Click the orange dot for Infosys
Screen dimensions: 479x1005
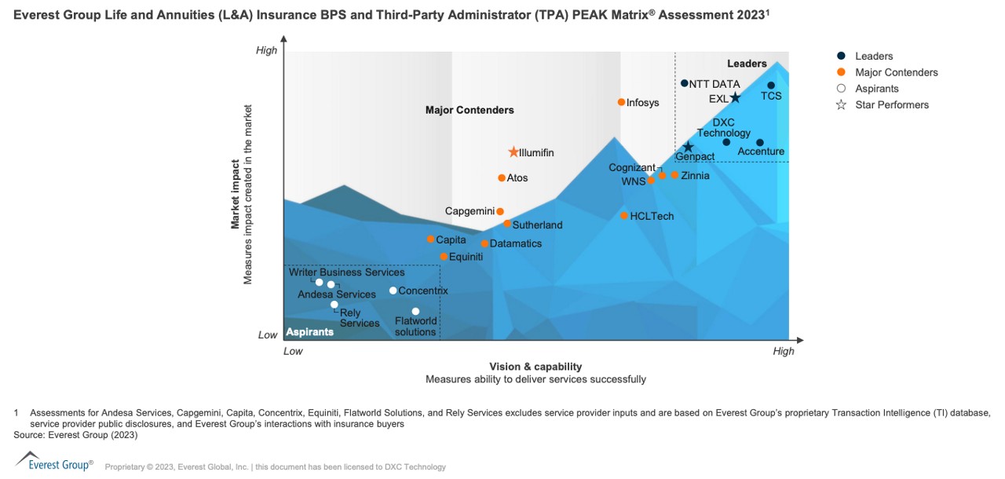click(x=621, y=102)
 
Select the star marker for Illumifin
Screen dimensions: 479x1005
click(x=513, y=152)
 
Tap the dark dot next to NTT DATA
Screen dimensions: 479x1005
click(x=684, y=83)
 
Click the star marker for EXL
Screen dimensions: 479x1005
click(x=736, y=98)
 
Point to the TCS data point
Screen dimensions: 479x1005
click(x=771, y=86)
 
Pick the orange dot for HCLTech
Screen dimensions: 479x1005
click(x=624, y=216)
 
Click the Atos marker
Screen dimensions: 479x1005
click(x=502, y=178)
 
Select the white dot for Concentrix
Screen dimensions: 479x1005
click(x=393, y=291)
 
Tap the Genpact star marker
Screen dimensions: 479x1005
click(x=688, y=147)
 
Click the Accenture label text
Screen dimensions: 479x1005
click(x=761, y=152)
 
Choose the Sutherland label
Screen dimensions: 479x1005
click(x=537, y=225)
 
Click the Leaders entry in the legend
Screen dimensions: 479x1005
click(x=873, y=57)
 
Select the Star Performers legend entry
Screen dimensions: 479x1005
click(x=891, y=105)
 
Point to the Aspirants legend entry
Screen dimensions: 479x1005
click(x=876, y=89)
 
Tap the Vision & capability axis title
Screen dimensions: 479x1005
click(x=535, y=367)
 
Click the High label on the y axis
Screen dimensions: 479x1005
click(x=267, y=50)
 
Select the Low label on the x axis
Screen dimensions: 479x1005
click(x=293, y=351)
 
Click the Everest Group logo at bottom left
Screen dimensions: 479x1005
click(x=54, y=462)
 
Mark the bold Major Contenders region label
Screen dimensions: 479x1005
click(x=470, y=110)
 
